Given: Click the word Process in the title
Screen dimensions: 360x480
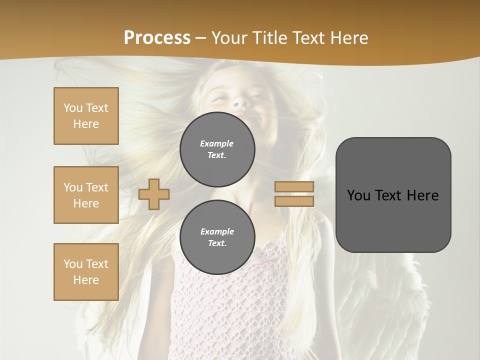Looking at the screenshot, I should tap(157, 38).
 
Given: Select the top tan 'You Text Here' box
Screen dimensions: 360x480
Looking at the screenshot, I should tap(86, 116).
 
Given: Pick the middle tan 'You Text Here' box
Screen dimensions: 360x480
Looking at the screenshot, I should tap(86, 195).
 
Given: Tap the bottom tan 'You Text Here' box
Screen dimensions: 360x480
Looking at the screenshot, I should tap(86, 272).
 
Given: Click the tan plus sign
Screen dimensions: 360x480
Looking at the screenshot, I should tap(154, 194).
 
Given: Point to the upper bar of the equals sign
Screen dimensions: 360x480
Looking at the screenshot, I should tap(294, 187).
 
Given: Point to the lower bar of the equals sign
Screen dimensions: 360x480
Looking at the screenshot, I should tap(294, 201).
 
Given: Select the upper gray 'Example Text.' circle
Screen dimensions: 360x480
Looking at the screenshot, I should tap(217, 149).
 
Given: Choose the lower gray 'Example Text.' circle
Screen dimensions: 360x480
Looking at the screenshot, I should tap(217, 237).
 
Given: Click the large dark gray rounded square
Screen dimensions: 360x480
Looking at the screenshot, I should tap(393, 195).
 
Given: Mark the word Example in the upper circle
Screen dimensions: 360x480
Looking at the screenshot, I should tap(216, 143).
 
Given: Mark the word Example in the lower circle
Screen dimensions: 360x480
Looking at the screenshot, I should tap(217, 231).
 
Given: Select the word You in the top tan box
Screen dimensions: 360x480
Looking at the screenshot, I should tap(72, 108).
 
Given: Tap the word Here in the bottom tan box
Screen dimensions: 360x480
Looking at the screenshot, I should tap(86, 280).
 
